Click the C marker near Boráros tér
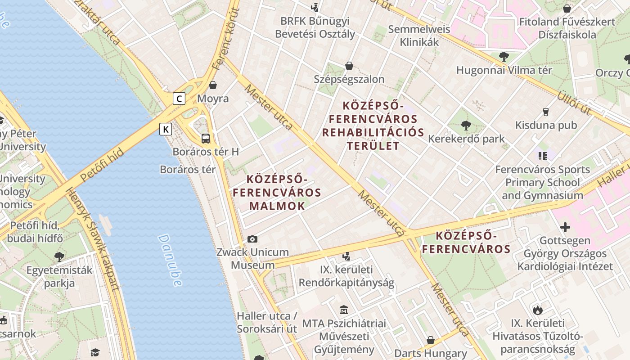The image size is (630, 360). pos(179,98)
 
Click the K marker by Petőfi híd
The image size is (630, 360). pos(166,130)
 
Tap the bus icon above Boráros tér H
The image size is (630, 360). pos(206,138)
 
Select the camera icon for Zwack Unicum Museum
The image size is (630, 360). pos(252,239)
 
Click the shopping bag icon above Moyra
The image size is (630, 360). pos(213,85)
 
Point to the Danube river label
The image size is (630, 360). pos(171,260)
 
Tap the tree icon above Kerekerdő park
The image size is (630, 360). pos(466,126)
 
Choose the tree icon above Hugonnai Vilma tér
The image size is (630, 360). pos(504,57)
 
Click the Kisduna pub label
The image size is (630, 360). pos(546,125)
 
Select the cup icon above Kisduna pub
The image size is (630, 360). pos(546,112)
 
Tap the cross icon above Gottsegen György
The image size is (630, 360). pos(565,227)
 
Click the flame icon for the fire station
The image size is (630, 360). pos(537,310)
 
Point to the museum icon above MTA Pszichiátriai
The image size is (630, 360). pos(344,310)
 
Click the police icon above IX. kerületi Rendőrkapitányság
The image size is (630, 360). pos(346,256)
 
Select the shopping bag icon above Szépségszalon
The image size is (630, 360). pos(349,66)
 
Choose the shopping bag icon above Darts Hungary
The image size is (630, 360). pos(431,340)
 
